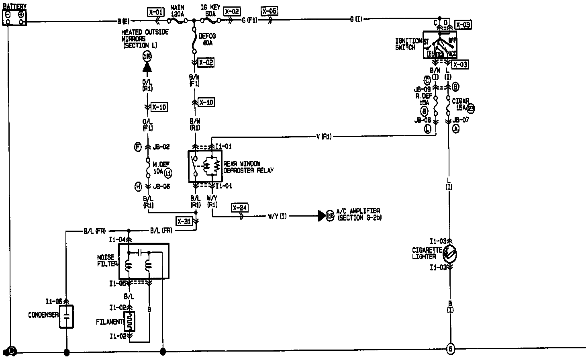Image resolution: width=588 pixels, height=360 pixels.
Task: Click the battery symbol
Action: click(14, 17)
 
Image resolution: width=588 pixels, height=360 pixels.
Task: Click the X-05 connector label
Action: click(269, 11)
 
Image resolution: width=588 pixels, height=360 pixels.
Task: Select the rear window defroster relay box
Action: click(205, 166)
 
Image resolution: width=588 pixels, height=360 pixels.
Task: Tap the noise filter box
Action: click(144, 261)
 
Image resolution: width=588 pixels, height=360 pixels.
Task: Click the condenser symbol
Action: click(67, 316)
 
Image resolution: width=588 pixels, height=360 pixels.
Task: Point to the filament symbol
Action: click(130, 322)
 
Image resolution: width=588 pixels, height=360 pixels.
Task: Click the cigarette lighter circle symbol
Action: click(449, 254)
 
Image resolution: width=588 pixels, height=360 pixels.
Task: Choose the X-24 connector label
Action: click(239, 207)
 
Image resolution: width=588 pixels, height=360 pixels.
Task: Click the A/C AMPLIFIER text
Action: click(358, 211)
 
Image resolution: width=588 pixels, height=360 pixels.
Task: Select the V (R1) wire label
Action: click(323, 137)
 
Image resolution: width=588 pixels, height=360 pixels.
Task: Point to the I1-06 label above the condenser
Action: click(54, 301)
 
